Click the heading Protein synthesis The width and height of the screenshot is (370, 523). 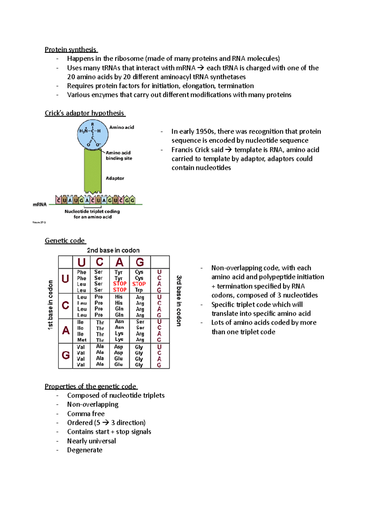coord(71,50)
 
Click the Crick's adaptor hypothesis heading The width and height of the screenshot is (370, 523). coord(84,113)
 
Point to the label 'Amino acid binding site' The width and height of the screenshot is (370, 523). coord(119,156)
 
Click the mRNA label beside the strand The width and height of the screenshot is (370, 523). coord(39,205)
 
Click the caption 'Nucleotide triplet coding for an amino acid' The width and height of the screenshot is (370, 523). coord(92,214)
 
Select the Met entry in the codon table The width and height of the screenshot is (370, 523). coord(82,340)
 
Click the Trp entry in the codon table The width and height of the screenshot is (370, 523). coord(139,290)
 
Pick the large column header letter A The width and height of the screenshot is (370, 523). coord(119,262)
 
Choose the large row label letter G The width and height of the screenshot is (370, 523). coord(66,355)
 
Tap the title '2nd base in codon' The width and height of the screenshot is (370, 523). coord(113,250)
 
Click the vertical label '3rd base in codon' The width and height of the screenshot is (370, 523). coord(179,301)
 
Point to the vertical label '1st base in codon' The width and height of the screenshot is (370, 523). coord(50,305)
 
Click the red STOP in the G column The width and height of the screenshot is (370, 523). coord(139,284)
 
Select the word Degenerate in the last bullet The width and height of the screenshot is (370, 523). coord(85,450)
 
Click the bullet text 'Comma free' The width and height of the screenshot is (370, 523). coord(86,414)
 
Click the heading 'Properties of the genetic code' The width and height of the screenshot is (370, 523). coord(90,386)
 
